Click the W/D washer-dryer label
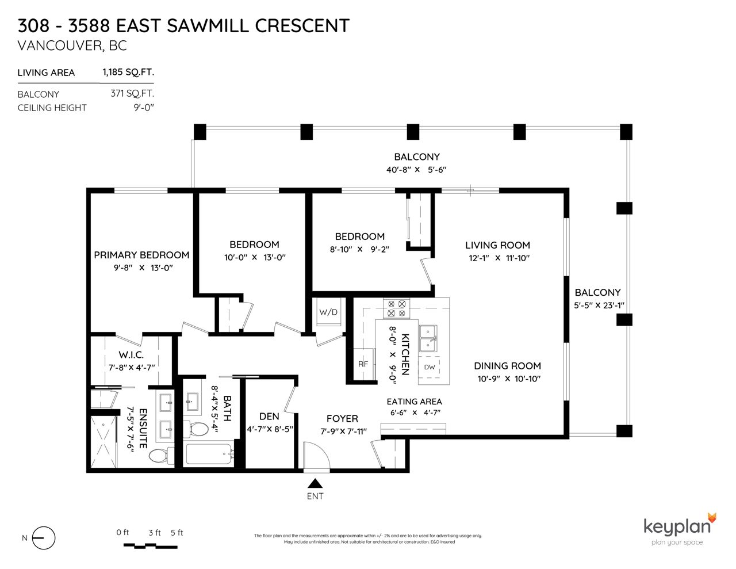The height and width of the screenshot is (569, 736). [x=328, y=312]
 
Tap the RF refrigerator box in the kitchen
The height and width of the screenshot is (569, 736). [x=363, y=364]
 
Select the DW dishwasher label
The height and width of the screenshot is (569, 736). [x=429, y=367]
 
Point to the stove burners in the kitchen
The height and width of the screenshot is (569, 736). [x=396, y=308]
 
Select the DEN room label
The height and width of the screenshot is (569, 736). [x=269, y=416]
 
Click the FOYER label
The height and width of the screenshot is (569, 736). [x=342, y=419]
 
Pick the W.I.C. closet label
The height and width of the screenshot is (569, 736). [x=131, y=355]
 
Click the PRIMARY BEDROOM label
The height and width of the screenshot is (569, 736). [x=141, y=255]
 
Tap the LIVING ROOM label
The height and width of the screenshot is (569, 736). [x=497, y=245]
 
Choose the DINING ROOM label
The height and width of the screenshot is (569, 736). [x=507, y=366]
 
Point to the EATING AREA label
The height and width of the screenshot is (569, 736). [x=414, y=402]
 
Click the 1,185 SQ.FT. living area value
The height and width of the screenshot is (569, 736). [x=128, y=72]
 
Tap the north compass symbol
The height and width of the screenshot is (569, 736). [x=44, y=538]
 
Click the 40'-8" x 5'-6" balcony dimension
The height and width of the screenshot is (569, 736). [x=416, y=170]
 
